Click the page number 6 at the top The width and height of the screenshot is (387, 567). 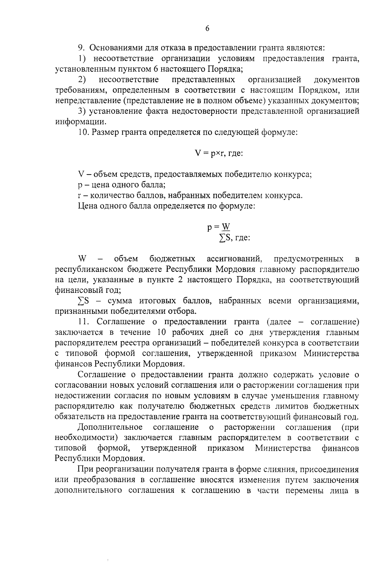[207, 28]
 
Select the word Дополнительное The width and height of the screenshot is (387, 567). [110, 427]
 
